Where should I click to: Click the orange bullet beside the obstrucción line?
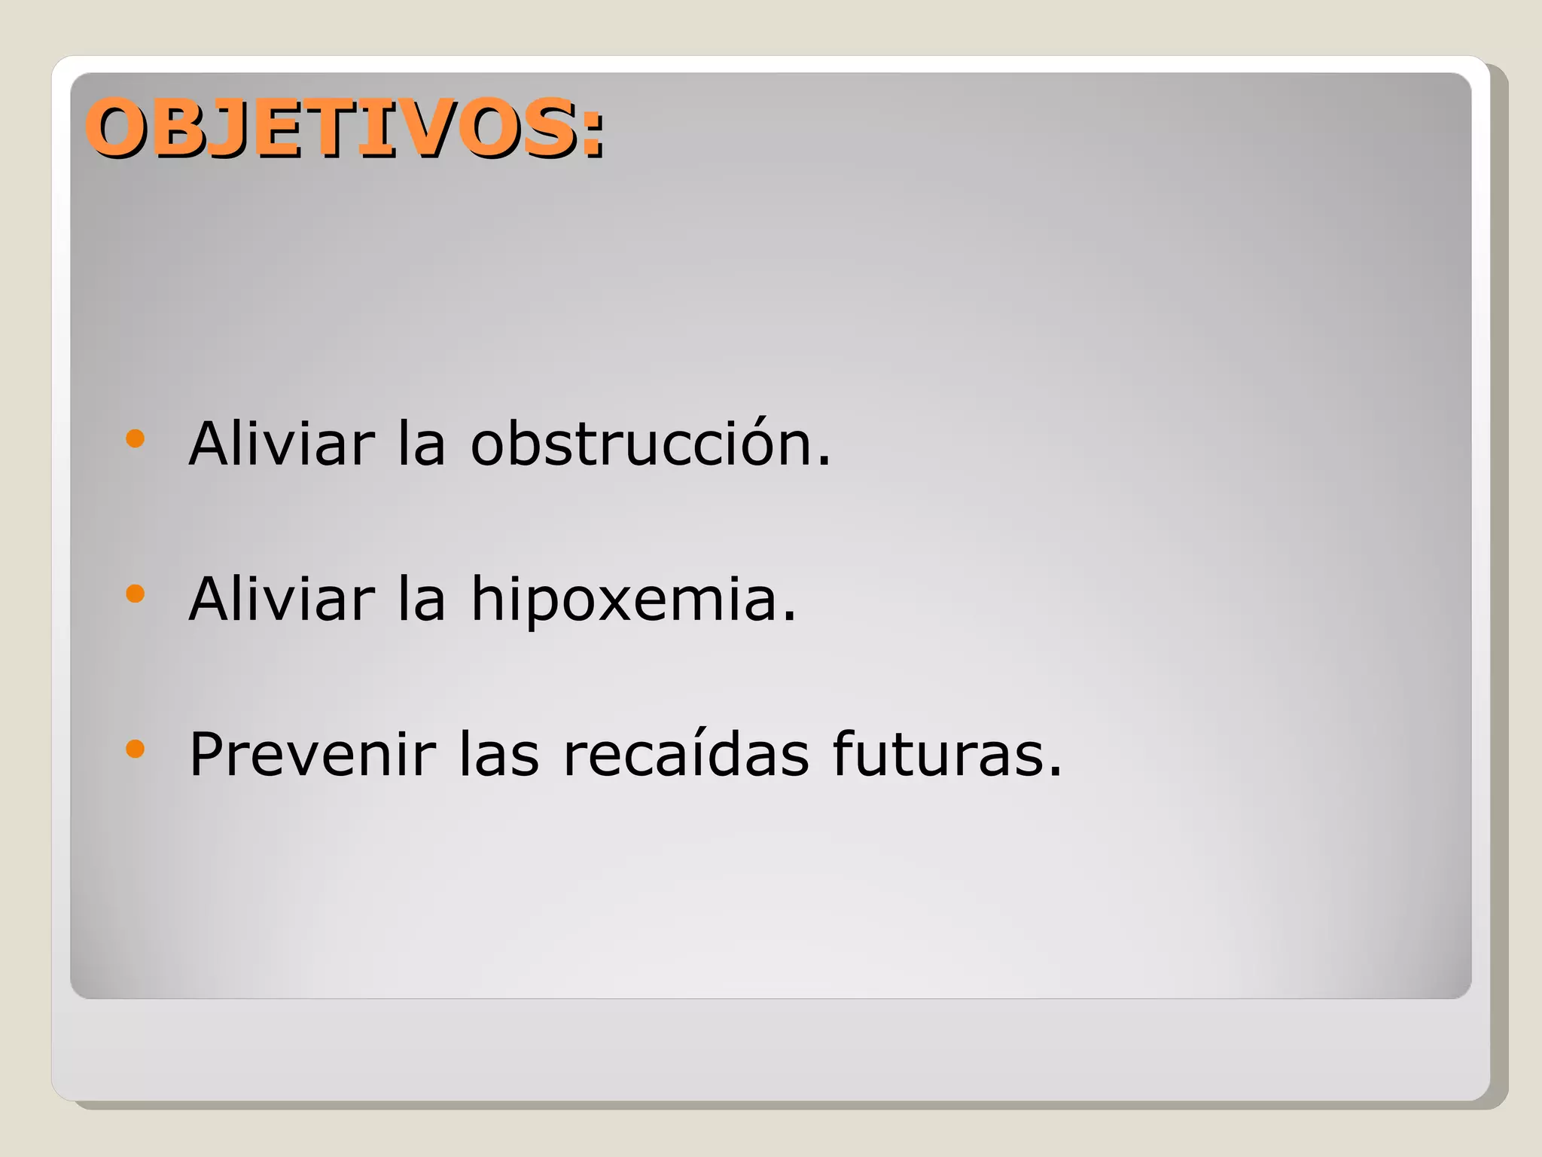point(136,439)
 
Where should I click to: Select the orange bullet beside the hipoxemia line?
point(136,594)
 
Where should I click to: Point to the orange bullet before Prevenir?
point(136,749)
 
